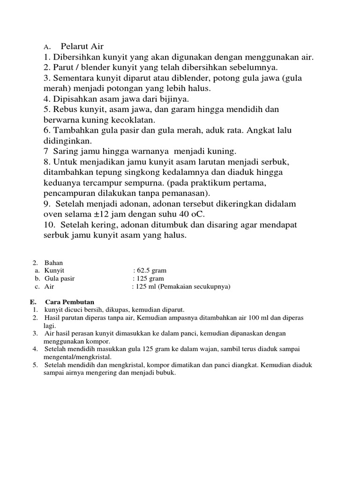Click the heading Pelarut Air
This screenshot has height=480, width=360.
[x=82, y=46]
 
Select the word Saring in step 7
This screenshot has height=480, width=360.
[x=65, y=151]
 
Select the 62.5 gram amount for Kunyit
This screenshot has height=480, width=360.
[x=151, y=270]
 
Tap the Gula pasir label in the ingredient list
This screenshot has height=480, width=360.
[x=60, y=278]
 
